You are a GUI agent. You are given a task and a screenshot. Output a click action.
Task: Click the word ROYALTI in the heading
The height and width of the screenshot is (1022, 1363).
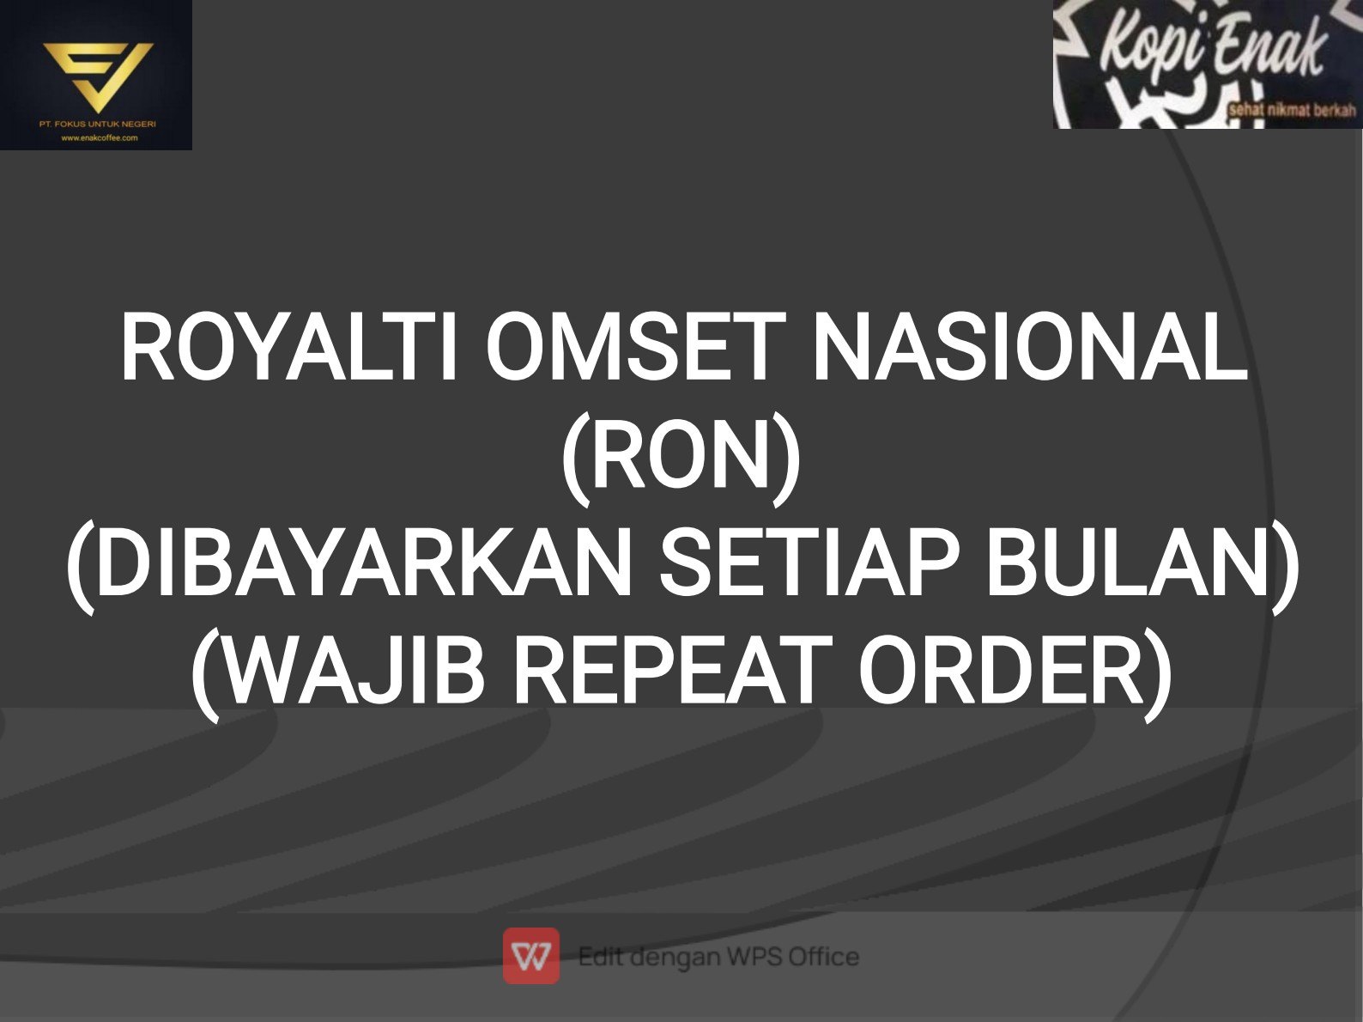[288, 346]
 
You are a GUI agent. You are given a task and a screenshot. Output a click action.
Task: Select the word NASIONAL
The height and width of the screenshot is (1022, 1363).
[1031, 346]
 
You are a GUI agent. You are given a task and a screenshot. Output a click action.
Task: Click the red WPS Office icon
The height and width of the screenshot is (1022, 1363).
[531, 956]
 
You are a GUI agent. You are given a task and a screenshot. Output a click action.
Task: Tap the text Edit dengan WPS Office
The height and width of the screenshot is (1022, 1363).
[718, 957]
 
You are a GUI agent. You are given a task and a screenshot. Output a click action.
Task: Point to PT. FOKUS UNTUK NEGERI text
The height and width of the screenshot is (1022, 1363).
[98, 124]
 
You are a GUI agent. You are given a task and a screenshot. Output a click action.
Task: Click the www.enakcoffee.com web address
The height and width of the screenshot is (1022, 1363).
[100, 138]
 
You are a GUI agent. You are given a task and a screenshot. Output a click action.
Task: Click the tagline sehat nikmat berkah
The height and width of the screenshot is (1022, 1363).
[1292, 112]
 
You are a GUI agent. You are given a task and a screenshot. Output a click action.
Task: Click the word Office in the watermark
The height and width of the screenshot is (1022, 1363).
[823, 956]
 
